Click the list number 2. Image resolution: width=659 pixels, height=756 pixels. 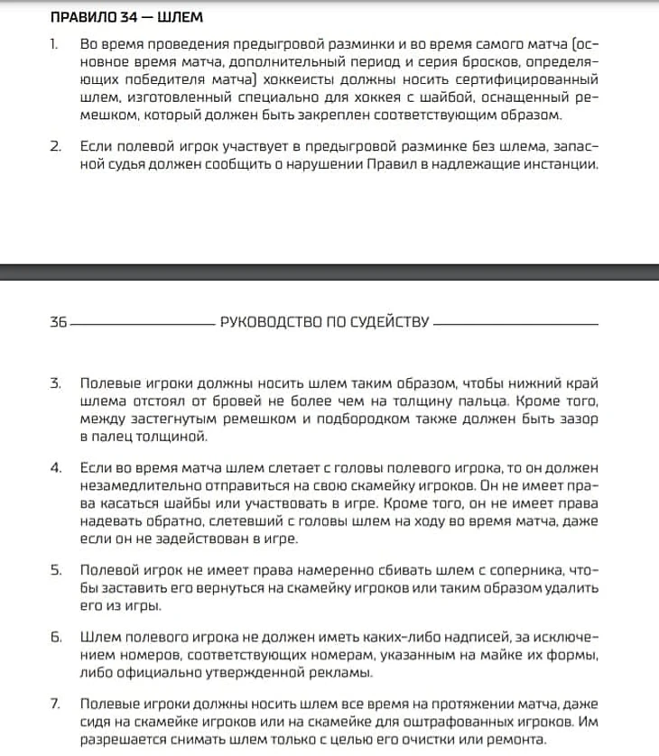click(x=55, y=145)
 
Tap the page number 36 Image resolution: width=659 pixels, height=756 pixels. click(x=58, y=321)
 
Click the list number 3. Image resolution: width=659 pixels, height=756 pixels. click(x=55, y=383)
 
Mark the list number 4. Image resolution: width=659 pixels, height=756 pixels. click(x=55, y=466)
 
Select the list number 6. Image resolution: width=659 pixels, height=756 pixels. click(x=55, y=636)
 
